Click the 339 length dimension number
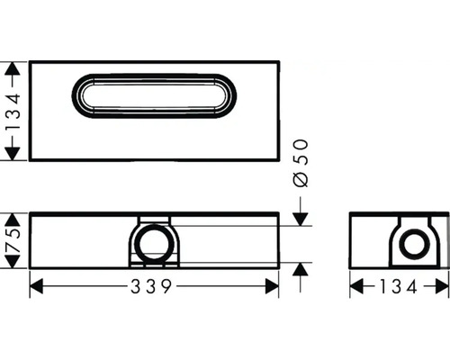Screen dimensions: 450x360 (151, 286)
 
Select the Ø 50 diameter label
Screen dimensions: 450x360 (301, 163)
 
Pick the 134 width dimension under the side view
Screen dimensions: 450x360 (398, 286)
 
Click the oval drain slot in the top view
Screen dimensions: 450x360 (154, 75)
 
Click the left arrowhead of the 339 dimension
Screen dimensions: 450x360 (36, 286)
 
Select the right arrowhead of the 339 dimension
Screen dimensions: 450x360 (273, 286)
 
